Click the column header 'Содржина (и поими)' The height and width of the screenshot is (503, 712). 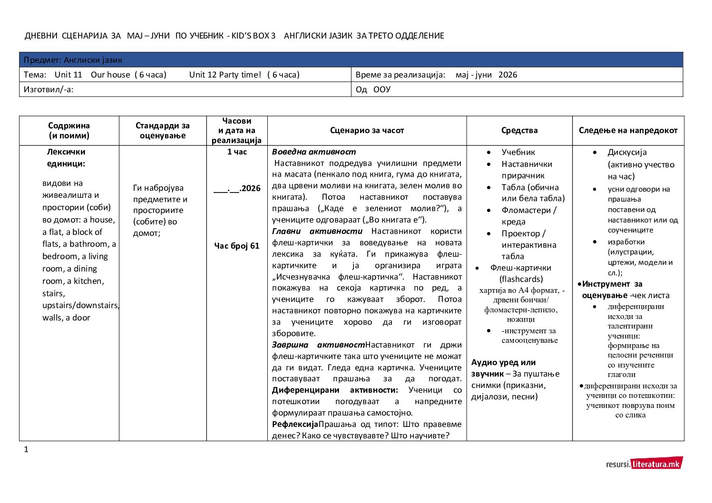tap(69, 131)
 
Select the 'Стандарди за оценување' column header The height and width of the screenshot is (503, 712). tap(162, 131)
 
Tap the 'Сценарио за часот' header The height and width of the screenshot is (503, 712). tap(367, 131)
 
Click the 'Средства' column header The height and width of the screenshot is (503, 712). tap(519, 131)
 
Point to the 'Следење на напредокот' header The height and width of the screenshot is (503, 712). tap(628, 131)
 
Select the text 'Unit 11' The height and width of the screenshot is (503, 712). tap(68, 75)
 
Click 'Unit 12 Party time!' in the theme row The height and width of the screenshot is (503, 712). tap(225, 75)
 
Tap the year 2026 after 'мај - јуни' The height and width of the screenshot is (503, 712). tap(507, 75)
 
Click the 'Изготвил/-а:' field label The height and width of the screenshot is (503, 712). tap(49, 89)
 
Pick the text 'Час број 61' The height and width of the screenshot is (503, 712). tap(237, 246)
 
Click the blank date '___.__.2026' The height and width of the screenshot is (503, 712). tap(237, 188)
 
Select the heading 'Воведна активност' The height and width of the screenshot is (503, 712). tap(314, 152)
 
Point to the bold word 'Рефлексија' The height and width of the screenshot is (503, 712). tap(295, 424)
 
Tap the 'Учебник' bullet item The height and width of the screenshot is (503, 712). tap(518, 152)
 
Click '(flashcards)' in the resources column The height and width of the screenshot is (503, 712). tap(521, 279)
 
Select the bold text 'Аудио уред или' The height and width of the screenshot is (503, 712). tap(503, 362)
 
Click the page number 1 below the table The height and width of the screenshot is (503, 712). tap(26, 450)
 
